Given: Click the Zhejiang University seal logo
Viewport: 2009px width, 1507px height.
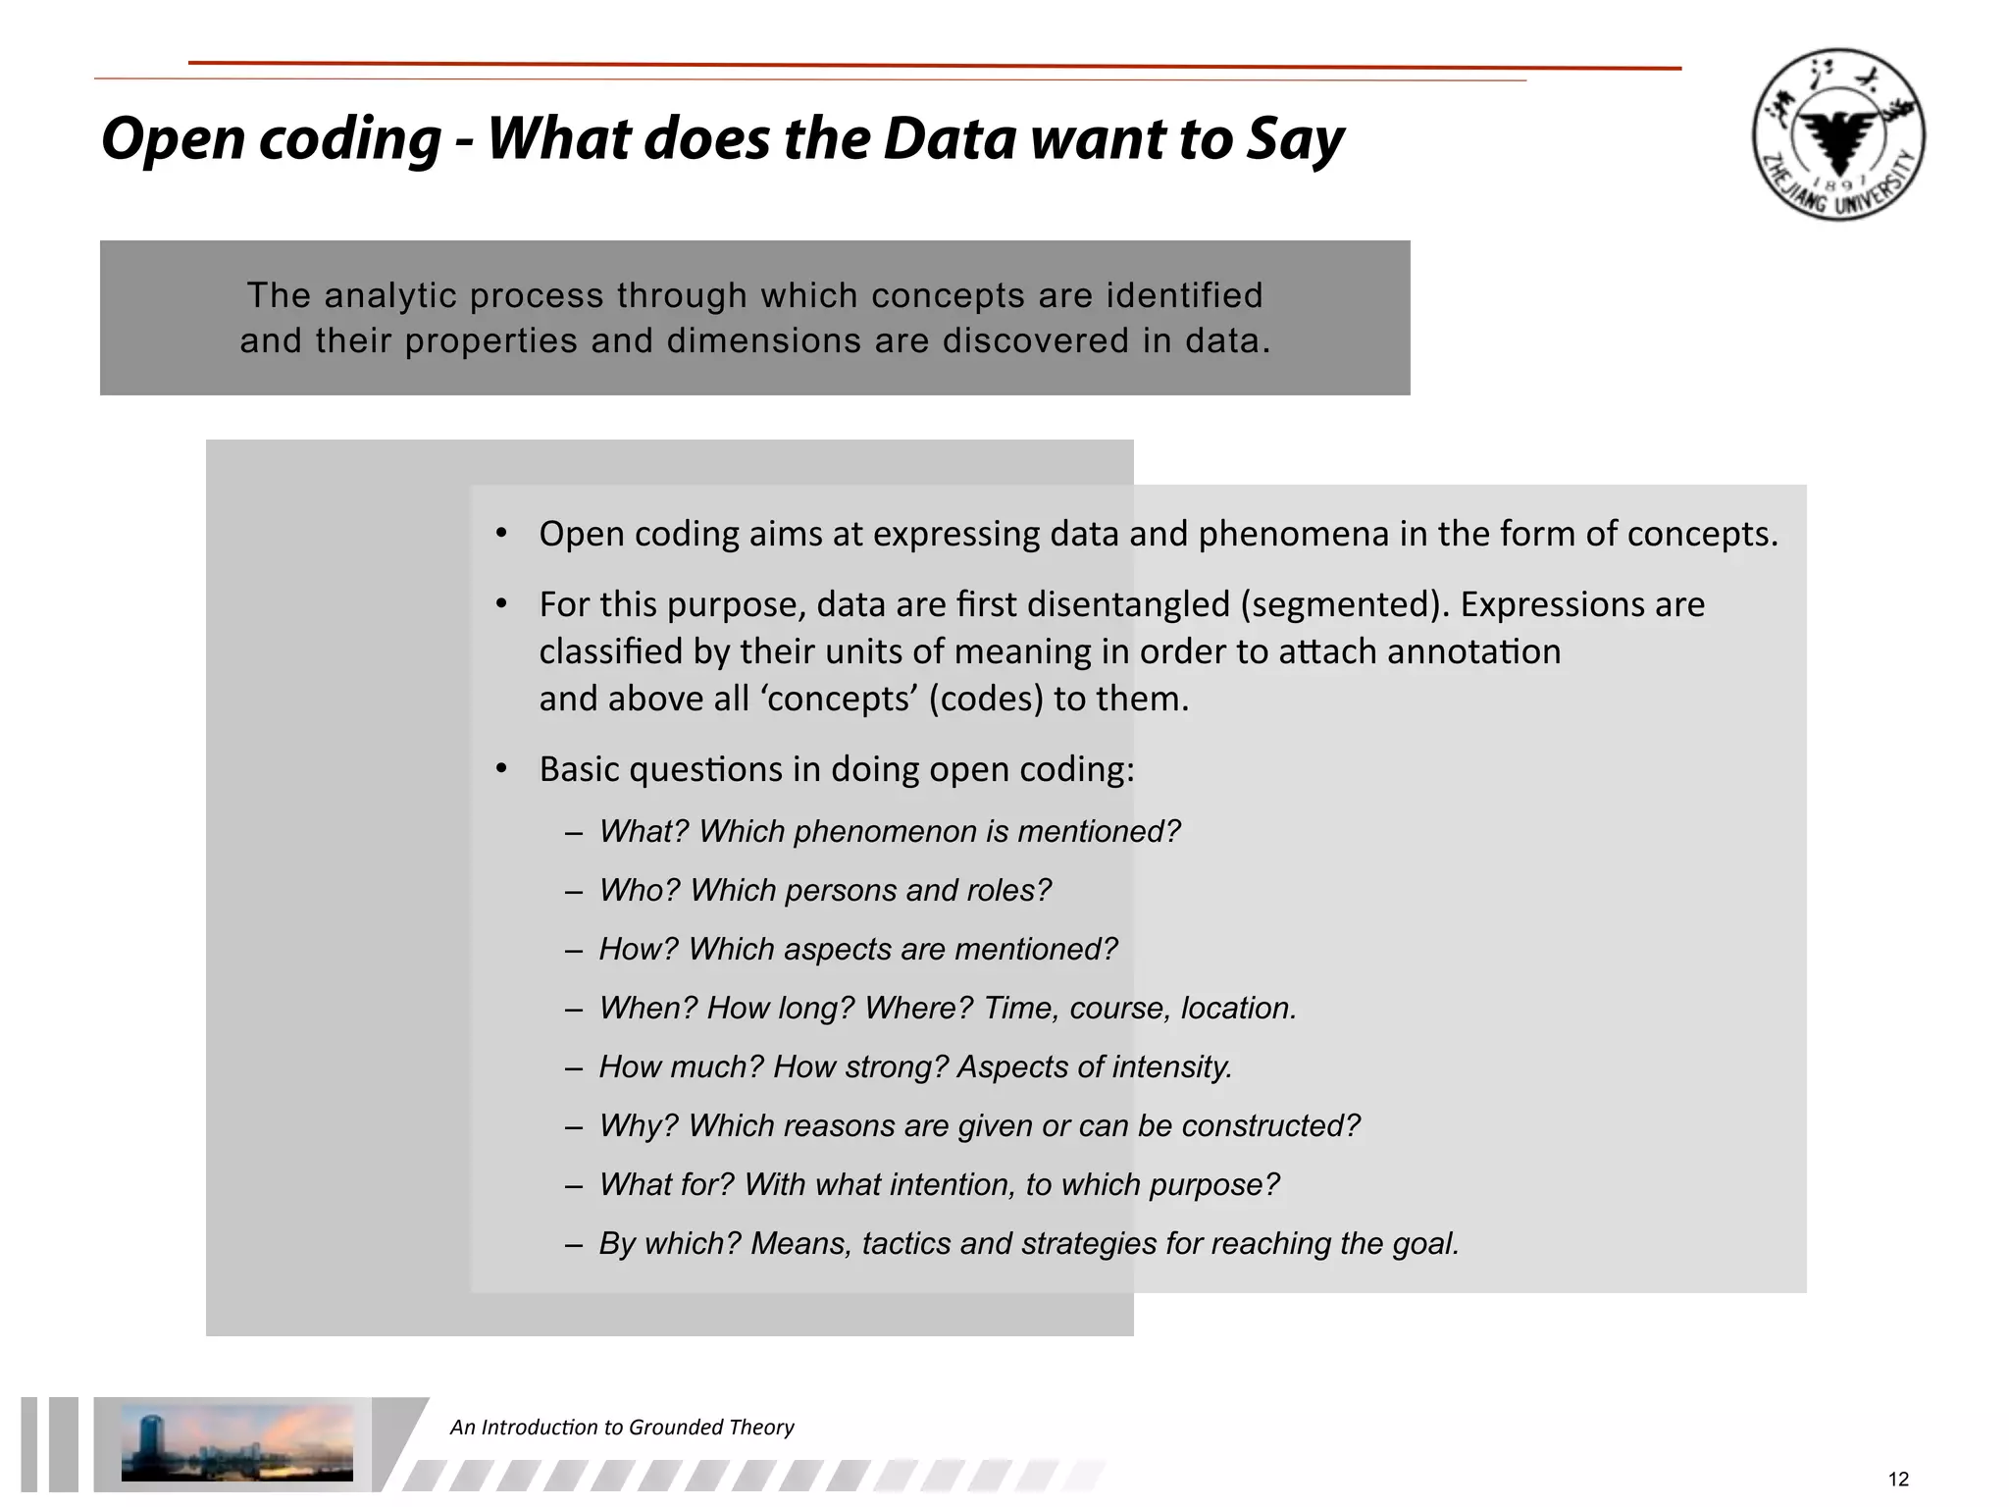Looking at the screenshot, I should [1838, 134].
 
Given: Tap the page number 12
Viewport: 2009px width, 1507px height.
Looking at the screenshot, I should [1898, 1480].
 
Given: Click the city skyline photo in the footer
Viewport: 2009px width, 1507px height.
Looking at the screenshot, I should [236, 1442].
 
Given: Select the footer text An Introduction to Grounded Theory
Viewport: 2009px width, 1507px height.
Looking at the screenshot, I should [622, 1427].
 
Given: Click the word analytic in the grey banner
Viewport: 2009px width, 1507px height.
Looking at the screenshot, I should [390, 295].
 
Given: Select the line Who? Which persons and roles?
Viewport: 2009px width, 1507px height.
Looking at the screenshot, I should [824, 890].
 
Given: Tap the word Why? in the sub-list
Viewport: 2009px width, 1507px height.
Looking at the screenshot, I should [639, 1125].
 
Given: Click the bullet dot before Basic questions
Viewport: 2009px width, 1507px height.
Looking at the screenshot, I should [501, 769].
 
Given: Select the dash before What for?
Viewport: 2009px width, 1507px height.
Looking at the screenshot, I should [575, 1185].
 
